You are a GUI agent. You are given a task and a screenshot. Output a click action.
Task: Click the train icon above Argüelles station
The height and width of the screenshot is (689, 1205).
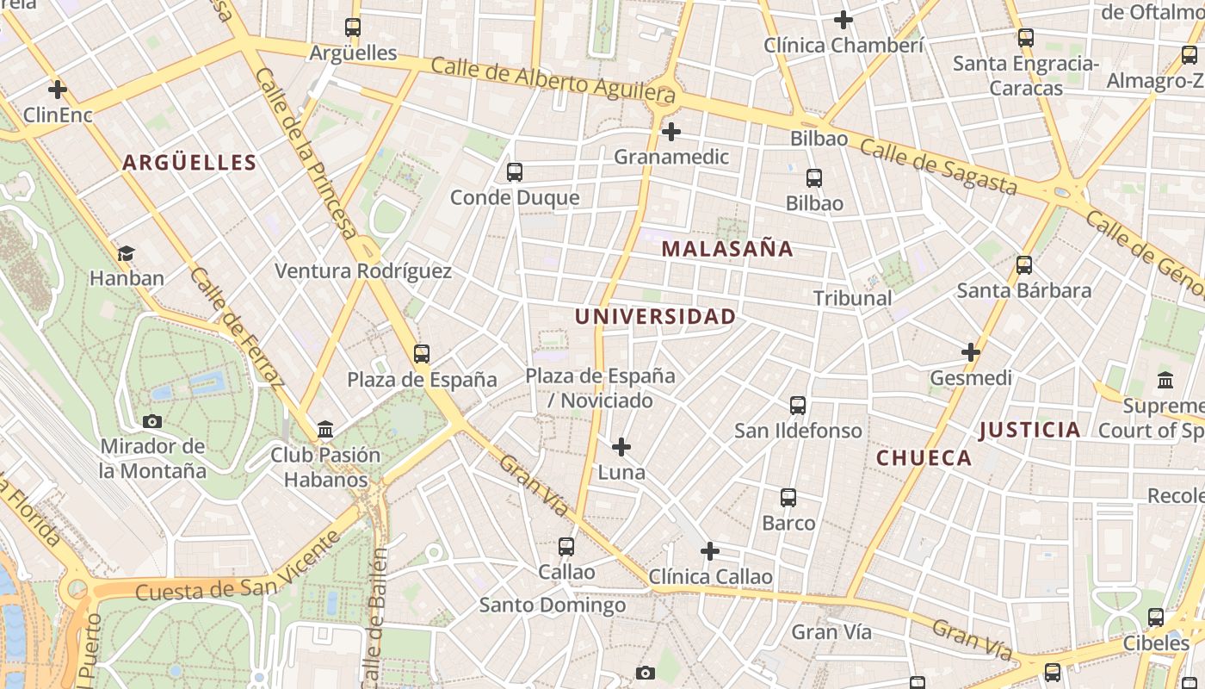point(353,28)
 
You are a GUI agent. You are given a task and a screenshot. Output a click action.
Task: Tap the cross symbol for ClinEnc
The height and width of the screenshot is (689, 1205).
point(58,89)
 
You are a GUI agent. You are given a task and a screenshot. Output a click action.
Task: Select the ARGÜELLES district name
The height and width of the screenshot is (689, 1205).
point(189,163)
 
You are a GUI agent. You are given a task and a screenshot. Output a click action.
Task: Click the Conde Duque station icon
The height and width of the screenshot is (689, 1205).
point(515,172)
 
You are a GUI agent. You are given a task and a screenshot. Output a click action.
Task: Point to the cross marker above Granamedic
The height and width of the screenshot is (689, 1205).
point(671,132)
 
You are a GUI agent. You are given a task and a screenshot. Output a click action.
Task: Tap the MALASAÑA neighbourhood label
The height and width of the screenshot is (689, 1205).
point(727,249)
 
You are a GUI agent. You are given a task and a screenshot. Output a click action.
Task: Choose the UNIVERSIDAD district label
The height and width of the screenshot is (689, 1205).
point(655,316)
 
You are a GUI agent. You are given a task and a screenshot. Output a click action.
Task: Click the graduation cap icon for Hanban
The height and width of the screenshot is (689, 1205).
point(127,253)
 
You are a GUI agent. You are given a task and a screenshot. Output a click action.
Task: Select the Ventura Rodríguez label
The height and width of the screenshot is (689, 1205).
point(362,271)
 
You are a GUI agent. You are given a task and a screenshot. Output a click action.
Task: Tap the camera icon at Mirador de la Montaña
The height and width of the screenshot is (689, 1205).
point(152,421)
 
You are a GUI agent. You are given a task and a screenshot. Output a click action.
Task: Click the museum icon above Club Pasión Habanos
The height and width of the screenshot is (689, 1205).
point(326,429)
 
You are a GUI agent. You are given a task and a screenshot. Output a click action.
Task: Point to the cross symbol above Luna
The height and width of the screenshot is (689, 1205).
point(621,447)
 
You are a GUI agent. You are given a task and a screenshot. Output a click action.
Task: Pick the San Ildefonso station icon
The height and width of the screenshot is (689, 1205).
point(798,405)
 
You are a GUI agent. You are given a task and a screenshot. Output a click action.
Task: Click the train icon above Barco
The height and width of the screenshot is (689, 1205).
point(788,497)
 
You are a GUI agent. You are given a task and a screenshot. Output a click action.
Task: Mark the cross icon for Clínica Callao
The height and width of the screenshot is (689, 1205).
point(710,550)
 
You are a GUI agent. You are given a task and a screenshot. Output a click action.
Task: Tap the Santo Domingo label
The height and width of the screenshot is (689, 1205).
point(553,605)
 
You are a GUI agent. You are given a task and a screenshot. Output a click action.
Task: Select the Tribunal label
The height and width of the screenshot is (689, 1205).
point(852,298)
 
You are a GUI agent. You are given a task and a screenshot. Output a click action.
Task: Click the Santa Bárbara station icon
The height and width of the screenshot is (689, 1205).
point(1024,264)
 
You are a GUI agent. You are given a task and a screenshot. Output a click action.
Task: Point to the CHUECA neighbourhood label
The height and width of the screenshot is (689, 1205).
point(924,458)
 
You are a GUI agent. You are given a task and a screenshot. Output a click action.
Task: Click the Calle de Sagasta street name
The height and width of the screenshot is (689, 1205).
point(938,167)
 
